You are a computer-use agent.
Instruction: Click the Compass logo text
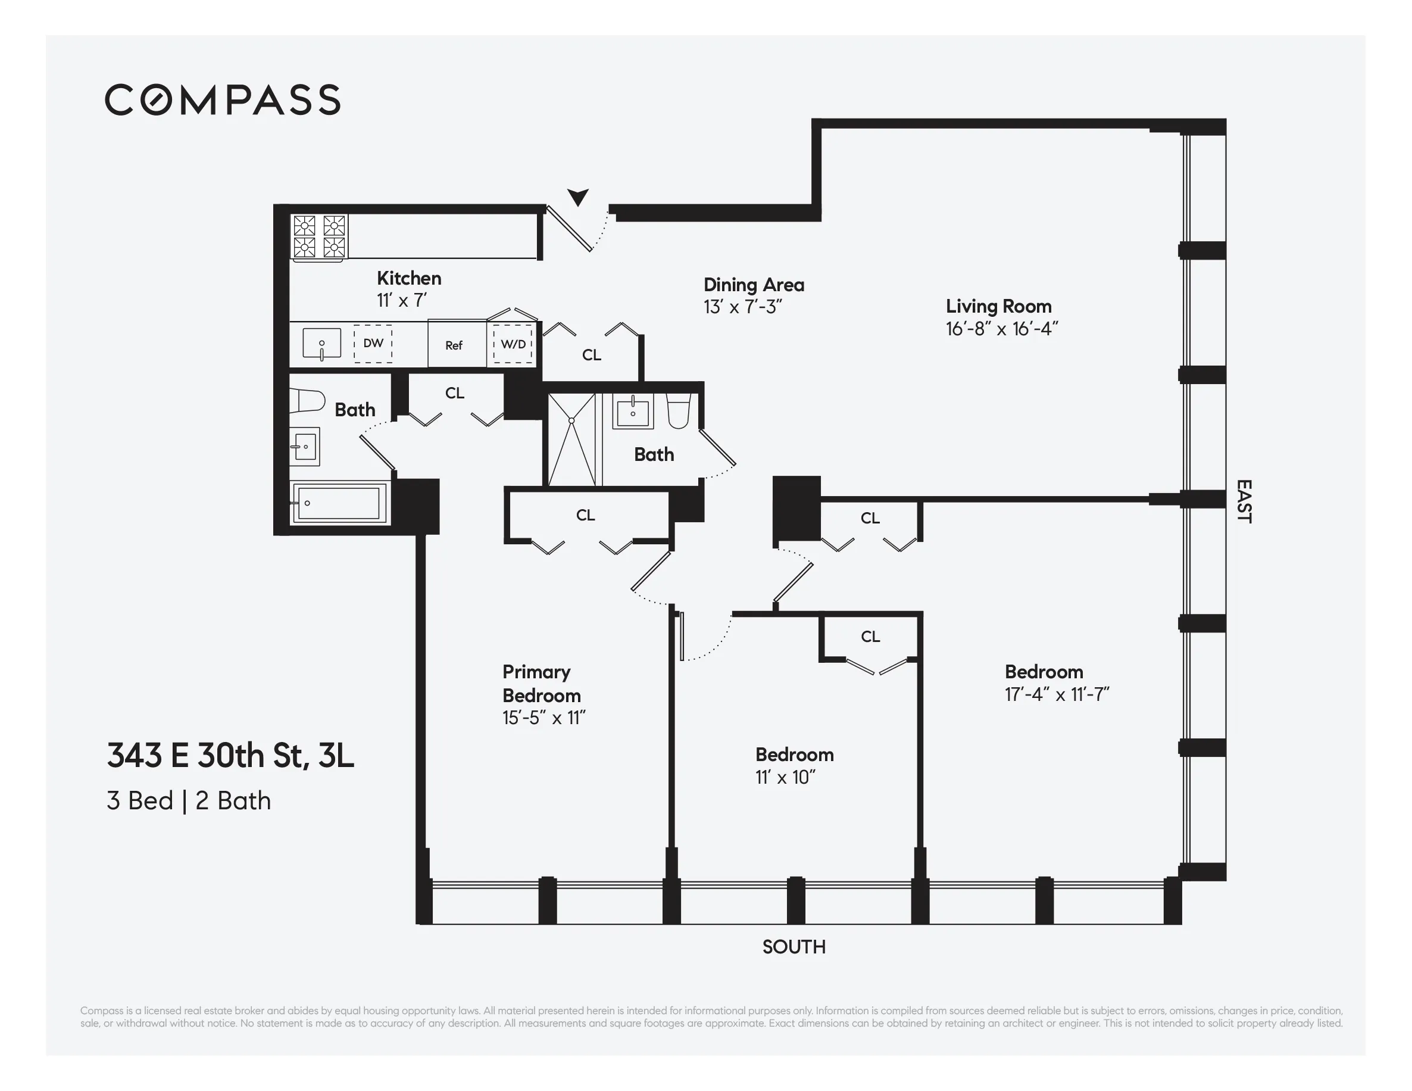(223, 99)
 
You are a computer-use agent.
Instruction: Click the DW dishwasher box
(373, 344)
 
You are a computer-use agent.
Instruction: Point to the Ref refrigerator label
(454, 345)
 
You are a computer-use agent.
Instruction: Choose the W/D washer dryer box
(513, 344)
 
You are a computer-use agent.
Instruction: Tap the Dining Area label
(754, 285)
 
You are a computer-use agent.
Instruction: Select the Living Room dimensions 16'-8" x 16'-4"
(1001, 329)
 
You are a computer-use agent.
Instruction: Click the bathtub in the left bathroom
(338, 504)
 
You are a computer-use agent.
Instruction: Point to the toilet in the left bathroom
(307, 400)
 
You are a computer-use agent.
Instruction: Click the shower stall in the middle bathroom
(571, 439)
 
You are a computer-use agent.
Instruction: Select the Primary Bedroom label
(541, 684)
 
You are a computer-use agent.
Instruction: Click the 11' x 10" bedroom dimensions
(785, 777)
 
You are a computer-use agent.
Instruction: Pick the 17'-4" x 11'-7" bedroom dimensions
(1057, 694)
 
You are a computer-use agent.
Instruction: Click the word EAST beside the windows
(1244, 501)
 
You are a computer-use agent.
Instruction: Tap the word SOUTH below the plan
(794, 947)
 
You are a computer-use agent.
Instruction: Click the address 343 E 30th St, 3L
(230, 755)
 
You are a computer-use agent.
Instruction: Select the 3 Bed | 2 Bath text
(189, 800)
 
